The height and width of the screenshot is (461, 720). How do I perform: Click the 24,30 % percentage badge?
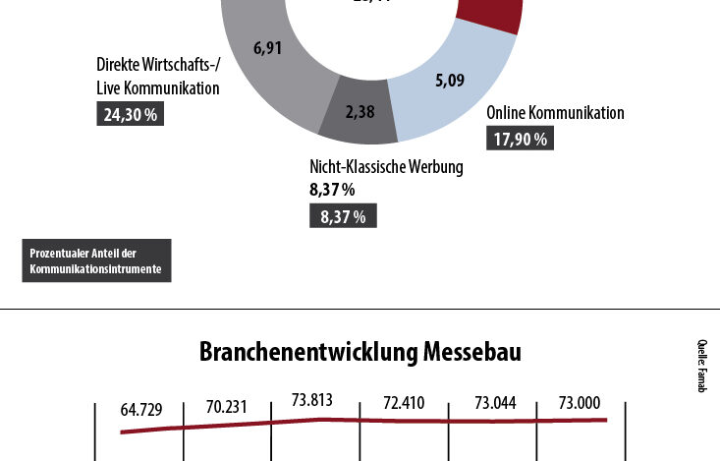click(130, 114)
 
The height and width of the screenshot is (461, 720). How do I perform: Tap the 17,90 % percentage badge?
click(520, 139)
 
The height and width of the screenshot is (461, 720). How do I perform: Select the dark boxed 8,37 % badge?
click(343, 216)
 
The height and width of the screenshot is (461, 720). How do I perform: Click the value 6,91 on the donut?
click(268, 47)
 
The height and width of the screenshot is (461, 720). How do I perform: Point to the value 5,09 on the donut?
click(449, 81)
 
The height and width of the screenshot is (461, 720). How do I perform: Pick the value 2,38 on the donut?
click(360, 112)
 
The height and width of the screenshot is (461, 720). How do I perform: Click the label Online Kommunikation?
click(555, 112)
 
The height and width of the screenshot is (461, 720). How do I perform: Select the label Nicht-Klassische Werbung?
click(386, 166)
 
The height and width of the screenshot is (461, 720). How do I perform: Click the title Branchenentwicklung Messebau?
click(360, 351)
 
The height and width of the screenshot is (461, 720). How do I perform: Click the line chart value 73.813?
click(313, 399)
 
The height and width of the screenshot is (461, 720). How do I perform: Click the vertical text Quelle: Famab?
click(702, 366)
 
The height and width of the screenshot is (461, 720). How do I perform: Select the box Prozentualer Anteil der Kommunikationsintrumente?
click(95, 260)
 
